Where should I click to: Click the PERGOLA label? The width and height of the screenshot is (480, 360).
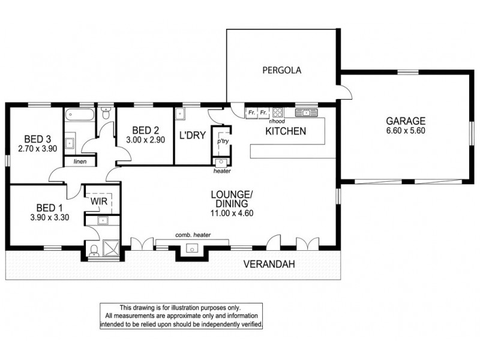(x=281, y=70)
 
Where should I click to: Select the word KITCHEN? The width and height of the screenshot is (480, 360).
(x=286, y=131)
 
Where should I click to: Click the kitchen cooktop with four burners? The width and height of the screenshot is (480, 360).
(x=278, y=112)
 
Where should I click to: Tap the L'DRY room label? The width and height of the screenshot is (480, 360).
(x=192, y=136)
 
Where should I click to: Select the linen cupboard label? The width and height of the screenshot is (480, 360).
(x=78, y=162)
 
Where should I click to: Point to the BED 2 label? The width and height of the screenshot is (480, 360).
(x=145, y=130)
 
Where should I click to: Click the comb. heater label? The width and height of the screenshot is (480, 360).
(x=193, y=235)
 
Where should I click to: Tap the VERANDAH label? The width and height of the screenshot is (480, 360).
(x=267, y=263)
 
